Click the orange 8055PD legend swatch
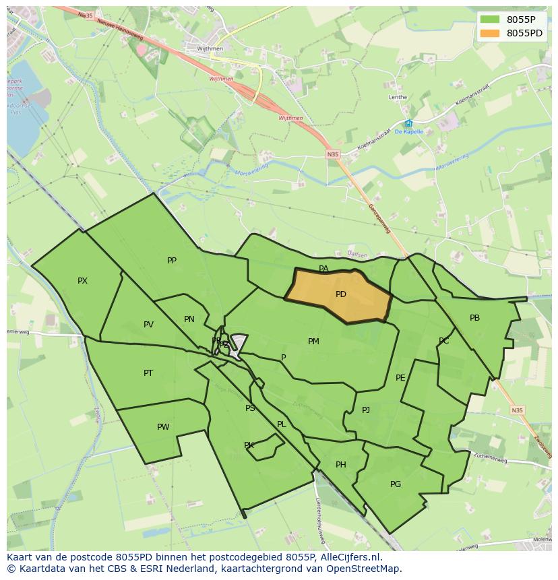pos(490,33)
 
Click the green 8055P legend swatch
pos(490,19)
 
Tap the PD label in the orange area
pos(340,294)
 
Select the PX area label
pos(82,281)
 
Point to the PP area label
pos(172,261)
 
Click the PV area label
pos(148,325)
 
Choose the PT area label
pos(148,373)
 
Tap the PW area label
pos(163,427)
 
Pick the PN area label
pos(189,319)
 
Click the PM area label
pos(313,342)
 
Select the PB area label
pos(474,318)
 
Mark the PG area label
pos(396,484)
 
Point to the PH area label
pos(341,465)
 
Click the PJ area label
pos(366,410)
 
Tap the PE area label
pos(400,378)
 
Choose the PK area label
pos(249,445)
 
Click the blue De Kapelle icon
pos(408,123)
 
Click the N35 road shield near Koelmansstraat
pos(333,154)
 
